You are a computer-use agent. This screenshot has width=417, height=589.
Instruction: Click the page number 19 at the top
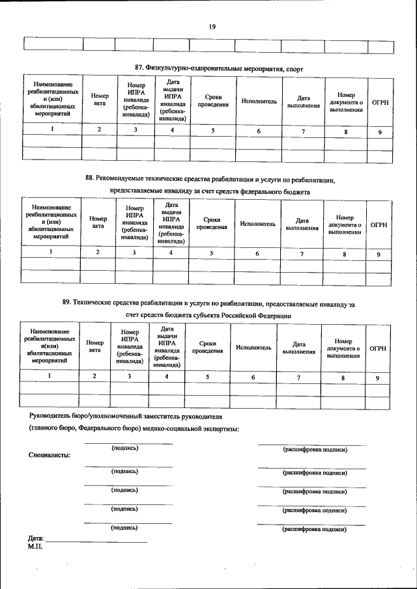(212, 27)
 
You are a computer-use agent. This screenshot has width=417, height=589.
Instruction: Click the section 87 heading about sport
(219, 68)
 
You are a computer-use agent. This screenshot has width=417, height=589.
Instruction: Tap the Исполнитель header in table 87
(259, 102)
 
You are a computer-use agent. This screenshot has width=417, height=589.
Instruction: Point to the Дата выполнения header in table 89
(299, 348)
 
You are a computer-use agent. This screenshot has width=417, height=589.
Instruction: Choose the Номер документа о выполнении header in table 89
(343, 348)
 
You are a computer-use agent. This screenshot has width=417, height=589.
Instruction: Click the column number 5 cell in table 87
(212, 131)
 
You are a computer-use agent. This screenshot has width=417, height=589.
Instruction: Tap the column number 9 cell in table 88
(378, 253)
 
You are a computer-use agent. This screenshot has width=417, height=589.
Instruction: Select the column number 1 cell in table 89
(49, 376)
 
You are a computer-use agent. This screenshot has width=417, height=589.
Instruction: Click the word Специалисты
(50, 455)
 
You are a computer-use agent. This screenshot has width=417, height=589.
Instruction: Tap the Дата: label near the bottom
(36, 540)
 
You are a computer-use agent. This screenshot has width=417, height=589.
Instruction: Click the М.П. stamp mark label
(35, 547)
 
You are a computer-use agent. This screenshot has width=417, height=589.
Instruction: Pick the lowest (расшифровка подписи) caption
(314, 530)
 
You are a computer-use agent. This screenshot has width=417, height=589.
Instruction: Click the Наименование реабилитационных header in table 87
(50, 99)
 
